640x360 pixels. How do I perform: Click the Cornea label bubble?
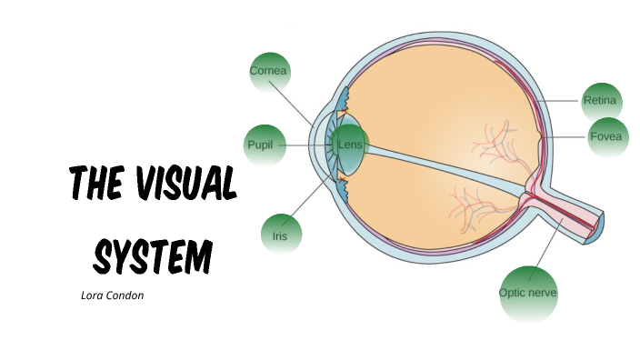point(268,71)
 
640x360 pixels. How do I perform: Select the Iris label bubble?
point(280,235)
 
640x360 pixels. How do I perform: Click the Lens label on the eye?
point(350,145)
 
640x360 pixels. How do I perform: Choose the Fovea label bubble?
point(605,137)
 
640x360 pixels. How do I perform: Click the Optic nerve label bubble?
point(527,293)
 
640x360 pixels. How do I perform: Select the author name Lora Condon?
point(113,295)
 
